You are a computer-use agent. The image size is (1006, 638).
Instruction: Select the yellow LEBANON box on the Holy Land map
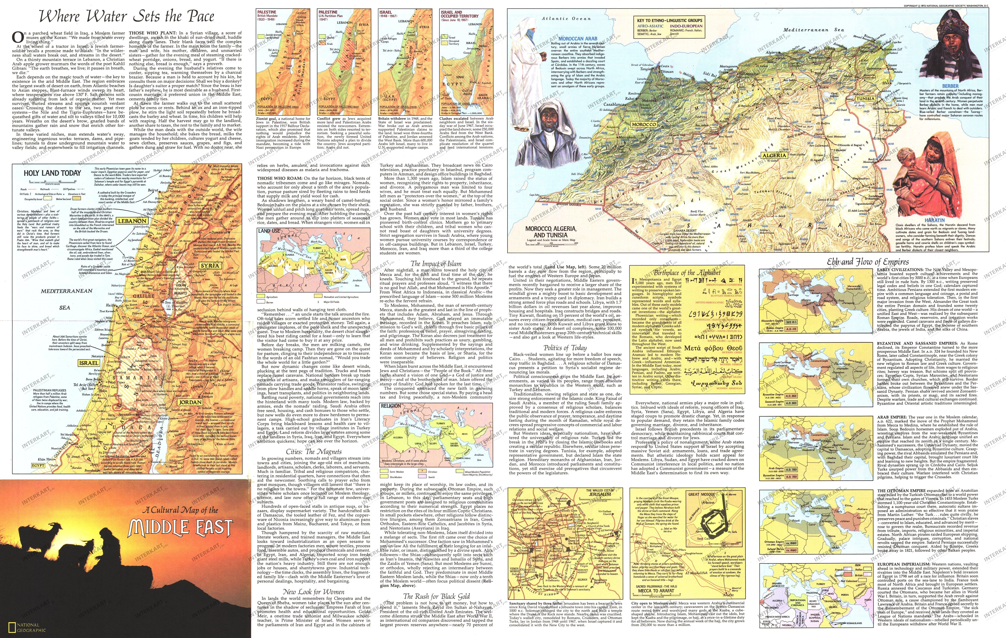click(132, 221)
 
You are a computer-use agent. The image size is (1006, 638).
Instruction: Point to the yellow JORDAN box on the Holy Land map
click(190, 402)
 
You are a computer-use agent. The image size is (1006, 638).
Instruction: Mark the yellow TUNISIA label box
click(874, 99)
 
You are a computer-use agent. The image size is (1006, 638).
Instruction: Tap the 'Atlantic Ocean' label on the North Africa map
click(566, 18)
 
